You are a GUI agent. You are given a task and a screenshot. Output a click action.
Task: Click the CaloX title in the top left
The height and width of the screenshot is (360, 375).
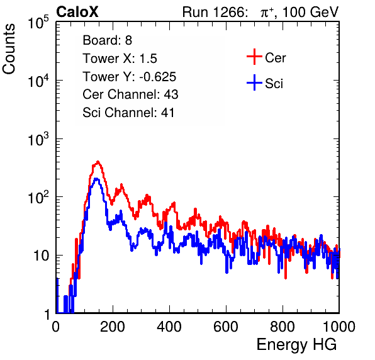pos(77,12)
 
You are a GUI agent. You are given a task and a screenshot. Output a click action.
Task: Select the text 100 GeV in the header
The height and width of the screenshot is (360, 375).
pos(311,12)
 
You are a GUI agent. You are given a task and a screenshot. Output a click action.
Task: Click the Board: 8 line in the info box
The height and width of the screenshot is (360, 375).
pos(107,40)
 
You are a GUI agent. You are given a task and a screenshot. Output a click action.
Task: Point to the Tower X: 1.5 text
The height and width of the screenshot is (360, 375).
pos(120,59)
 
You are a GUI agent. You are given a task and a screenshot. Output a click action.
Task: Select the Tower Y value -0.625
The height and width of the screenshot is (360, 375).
pos(158,77)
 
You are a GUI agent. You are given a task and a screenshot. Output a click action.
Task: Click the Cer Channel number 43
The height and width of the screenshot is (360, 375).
pos(171,94)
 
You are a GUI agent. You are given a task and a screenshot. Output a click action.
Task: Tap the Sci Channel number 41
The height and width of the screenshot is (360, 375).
pos(167,113)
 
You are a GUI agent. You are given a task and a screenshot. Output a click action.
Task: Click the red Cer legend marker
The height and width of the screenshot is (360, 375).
pos(254,57)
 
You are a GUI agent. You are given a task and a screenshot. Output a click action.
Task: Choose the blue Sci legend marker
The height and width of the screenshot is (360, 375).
pos(254,82)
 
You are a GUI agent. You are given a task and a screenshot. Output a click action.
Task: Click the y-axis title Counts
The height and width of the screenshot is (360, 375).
pos(9,49)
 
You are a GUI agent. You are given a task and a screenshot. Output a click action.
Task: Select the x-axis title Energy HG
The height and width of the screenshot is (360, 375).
pos(297,345)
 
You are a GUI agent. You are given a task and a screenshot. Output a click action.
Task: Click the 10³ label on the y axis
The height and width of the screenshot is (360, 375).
pos(38,139)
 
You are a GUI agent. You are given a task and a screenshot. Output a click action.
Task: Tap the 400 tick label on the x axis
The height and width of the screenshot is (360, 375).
pos(169,327)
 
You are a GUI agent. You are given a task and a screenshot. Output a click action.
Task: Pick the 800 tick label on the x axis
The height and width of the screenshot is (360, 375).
pos(283,327)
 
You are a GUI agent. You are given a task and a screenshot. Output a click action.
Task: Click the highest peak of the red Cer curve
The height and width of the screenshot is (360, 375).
pos(98,162)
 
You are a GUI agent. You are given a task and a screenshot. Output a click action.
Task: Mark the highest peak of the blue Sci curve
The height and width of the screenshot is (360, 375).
pos(96,179)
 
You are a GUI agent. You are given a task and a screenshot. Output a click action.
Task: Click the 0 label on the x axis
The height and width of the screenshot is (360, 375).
pos(56,327)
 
